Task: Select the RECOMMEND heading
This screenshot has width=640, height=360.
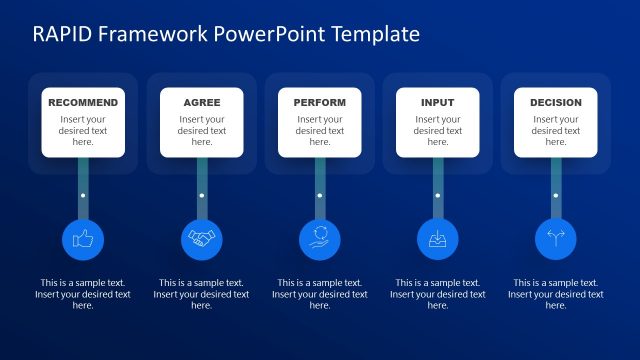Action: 83,102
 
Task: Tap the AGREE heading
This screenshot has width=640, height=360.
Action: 201,102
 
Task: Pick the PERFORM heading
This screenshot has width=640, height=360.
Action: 320,102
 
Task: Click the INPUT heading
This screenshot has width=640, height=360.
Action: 437,102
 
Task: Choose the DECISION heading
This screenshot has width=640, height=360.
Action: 555,102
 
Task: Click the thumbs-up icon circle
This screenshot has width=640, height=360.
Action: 83,239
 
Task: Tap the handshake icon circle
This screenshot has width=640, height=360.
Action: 201,239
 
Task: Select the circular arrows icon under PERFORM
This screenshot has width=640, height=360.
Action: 320,239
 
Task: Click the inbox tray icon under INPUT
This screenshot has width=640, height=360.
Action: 437,239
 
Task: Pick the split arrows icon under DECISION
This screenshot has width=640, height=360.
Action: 555,239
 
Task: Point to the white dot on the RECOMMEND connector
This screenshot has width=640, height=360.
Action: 83,195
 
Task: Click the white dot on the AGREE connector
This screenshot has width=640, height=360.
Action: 201,195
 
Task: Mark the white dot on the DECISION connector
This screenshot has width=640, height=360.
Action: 555,195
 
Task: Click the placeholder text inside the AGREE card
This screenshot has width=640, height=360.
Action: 201,130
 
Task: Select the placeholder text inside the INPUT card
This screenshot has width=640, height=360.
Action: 437,130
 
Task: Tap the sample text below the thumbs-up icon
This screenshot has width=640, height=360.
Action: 83,294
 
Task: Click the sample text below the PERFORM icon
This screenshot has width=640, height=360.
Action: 320,294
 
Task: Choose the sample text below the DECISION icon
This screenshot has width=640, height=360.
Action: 555,294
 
